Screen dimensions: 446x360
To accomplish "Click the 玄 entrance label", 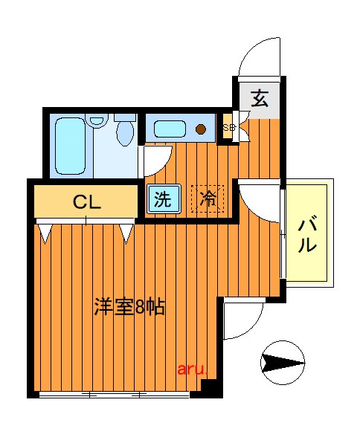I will coord(260,97).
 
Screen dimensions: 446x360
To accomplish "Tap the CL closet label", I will coord(87,201).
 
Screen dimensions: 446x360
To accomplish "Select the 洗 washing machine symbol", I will coord(161,199).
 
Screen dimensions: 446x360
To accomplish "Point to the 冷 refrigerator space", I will coord(208,198).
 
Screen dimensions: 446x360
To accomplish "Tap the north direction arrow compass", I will coord(283,363).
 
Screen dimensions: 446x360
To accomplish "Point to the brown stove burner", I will coord(201,129).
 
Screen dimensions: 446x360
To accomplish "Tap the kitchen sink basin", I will coord(171,129).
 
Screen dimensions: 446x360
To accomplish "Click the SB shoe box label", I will coord(229,127).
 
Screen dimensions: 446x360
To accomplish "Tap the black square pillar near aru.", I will coord(210,386).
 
